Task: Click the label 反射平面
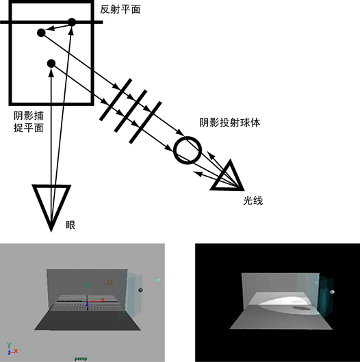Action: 120,10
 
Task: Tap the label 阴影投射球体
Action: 230,122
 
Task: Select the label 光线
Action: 253,201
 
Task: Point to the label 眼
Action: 70,225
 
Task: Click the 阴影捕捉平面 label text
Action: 29,122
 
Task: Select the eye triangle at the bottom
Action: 51,207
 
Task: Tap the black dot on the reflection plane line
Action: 72,22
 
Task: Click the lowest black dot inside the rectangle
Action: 51,63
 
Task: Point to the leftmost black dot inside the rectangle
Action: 41,33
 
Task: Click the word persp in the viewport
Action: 81,359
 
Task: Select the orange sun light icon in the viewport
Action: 110,282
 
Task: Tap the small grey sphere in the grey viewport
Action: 140,290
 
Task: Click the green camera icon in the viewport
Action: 158,280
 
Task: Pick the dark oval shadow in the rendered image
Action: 302,308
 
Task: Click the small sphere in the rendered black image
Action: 332,292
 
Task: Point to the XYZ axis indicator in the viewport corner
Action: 12,349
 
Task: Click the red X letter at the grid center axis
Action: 103,300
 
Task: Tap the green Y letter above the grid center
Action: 87,284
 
